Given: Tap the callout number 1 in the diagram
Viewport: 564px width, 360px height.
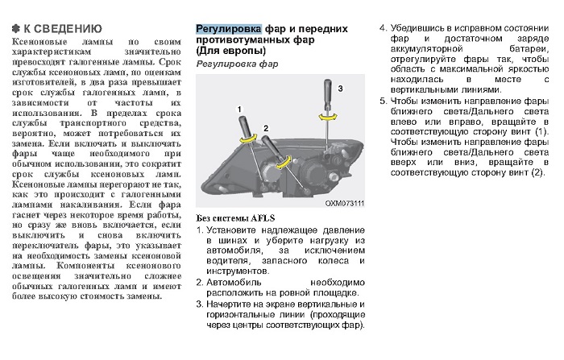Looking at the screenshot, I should pos(238,107).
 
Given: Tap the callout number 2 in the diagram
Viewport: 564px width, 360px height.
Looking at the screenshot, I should pos(263,128).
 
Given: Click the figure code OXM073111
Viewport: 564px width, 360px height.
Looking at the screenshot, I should pos(344,204).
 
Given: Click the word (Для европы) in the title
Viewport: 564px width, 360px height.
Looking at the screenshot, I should pos(227,52).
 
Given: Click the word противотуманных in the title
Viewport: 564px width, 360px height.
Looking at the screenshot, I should pos(248,40).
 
